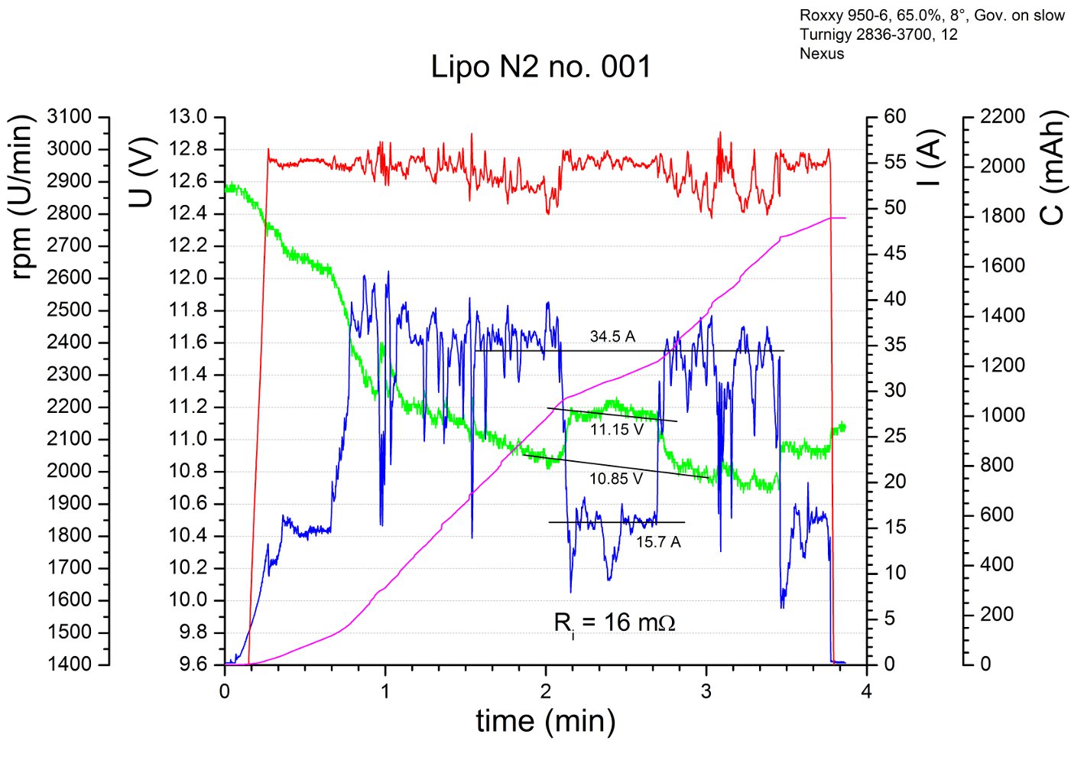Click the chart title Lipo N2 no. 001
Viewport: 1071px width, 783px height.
click(x=540, y=67)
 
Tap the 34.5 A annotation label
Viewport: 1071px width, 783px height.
click(x=612, y=336)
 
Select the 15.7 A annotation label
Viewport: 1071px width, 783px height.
click(x=658, y=542)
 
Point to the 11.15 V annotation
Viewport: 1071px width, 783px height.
click(x=616, y=430)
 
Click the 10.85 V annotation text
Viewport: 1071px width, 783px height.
click(x=615, y=479)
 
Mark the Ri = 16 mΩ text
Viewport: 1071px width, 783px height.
click(x=614, y=623)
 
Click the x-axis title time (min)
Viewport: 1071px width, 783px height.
click(x=545, y=721)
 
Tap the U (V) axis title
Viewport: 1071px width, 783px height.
click(x=142, y=172)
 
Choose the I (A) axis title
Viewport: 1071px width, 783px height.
click(x=928, y=158)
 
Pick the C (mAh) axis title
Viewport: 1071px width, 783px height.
click(x=1053, y=167)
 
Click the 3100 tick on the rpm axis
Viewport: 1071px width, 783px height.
click(x=69, y=117)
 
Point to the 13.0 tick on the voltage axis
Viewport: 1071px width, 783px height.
click(x=188, y=117)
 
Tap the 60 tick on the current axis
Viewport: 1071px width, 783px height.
click(x=894, y=117)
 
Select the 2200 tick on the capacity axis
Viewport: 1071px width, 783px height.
click(x=1002, y=117)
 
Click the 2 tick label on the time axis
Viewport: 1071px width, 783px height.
click(x=545, y=692)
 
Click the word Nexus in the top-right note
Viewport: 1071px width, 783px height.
click(x=822, y=54)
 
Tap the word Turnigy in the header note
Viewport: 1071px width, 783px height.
click(x=825, y=34)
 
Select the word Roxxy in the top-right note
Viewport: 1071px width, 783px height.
click(x=820, y=15)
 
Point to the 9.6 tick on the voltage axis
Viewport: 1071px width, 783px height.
click(x=193, y=664)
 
